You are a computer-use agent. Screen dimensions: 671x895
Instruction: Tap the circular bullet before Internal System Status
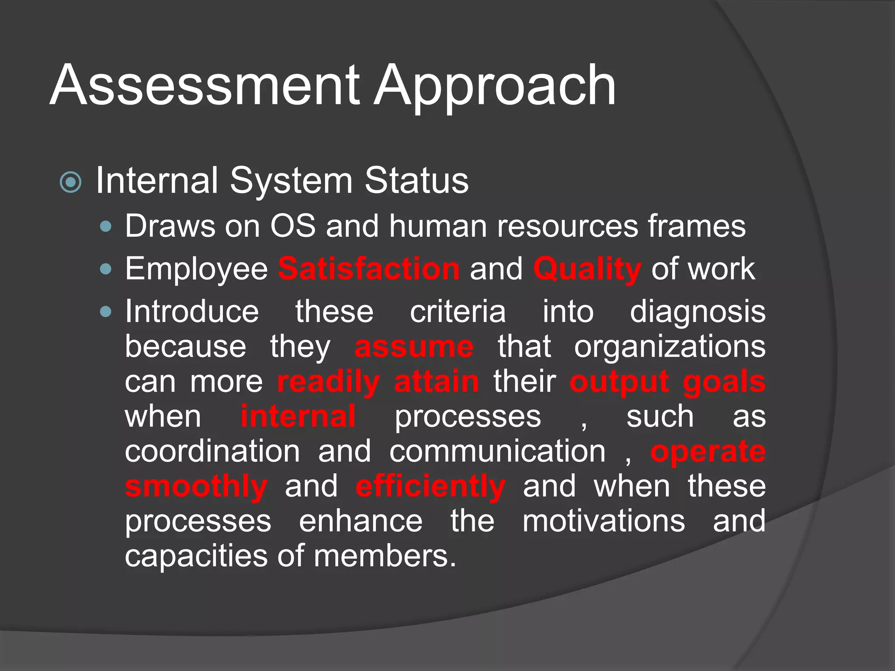coord(71,182)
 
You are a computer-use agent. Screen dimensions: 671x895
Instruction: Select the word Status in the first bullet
coord(416,180)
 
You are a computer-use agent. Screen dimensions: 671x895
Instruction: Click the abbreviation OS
coord(293,226)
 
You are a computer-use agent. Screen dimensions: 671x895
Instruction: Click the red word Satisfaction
coord(369,269)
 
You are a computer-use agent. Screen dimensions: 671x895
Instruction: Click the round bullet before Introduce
coord(106,312)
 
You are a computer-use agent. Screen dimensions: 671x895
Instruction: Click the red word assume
coord(413,348)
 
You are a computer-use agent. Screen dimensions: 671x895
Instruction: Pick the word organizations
coord(670,348)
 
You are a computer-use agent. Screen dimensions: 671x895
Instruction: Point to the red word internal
coord(298,417)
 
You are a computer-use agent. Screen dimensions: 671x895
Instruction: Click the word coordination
coord(212,452)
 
